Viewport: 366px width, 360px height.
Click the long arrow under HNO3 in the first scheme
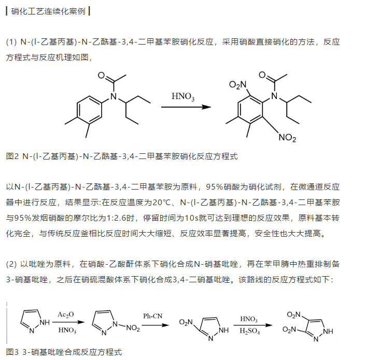(186, 107)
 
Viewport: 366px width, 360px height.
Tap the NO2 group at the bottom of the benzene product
(287, 138)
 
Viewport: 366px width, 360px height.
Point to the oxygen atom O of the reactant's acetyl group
(102, 76)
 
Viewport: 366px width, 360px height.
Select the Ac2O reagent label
(65, 314)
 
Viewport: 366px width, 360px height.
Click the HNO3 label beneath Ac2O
(66, 330)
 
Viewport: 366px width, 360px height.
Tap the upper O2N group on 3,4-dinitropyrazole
(294, 314)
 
